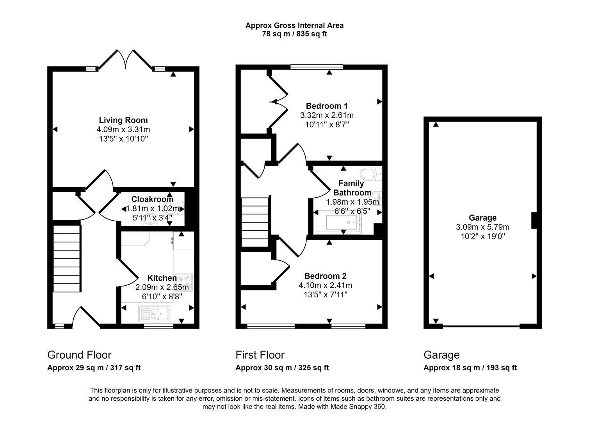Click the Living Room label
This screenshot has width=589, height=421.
[123, 120]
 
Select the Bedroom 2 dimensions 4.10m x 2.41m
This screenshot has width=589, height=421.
[325, 285]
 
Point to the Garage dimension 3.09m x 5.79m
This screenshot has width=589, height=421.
[482, 227]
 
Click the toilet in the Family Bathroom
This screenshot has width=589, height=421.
[370, 173]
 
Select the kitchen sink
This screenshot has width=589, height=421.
[155, 313]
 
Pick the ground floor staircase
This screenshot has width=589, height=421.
[67, 257]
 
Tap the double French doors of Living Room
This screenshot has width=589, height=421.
[125, 60]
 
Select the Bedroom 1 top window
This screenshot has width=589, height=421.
[317, 67]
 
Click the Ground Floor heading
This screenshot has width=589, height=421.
[79, 355]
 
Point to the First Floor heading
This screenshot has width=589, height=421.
[260, 355]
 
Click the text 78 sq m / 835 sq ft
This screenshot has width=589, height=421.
[294, 34]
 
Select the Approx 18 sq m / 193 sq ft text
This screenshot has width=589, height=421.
[470, 368]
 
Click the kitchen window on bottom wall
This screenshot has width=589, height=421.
[158, 326]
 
